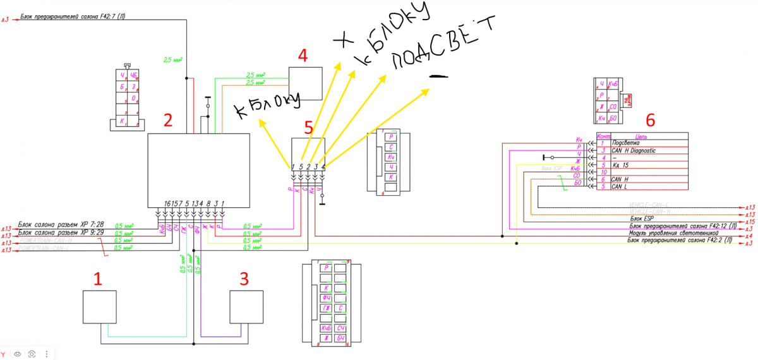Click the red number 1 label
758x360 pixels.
point(97,279)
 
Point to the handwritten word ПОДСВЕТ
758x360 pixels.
point(442,40)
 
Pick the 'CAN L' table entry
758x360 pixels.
point(622,186)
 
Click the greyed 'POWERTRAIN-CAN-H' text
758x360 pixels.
point(44,240)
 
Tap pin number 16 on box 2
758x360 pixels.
point(166,203)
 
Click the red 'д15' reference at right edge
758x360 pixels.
point(749,222)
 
